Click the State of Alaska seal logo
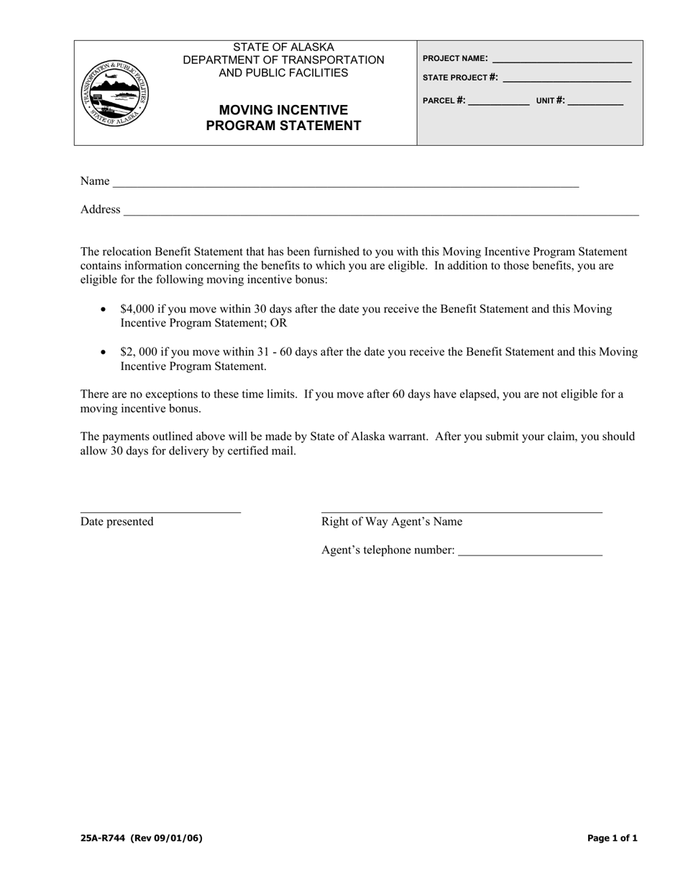pos(116,93)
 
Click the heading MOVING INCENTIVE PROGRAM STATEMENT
pos(283,118)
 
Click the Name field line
pos(345,185)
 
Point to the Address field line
pos(381,213)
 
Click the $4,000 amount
pos(137,309)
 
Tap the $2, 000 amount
pos(138,352)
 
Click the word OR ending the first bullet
pos(278,323)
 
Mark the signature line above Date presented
pos(160,512)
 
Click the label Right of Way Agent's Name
pos(392,522)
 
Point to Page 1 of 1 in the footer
pos(612,838)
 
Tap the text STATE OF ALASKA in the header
pos(283,47)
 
